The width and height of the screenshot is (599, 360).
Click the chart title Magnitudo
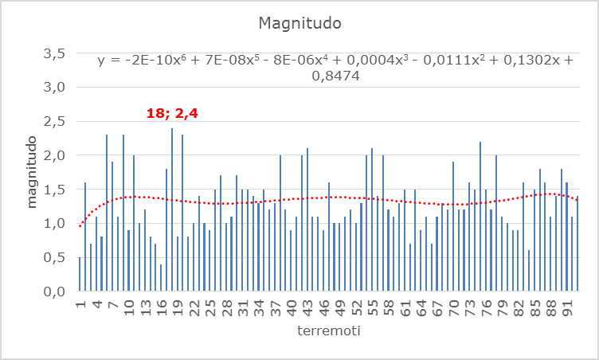tap(299, 23)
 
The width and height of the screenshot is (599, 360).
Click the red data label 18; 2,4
tap(172, 113)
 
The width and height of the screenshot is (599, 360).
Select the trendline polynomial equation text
tap(335, 68)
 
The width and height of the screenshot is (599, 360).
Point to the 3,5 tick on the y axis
tap(53, 54)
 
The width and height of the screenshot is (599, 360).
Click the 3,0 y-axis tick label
tap(53, 88)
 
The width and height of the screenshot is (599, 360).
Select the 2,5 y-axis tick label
tap(53, 122)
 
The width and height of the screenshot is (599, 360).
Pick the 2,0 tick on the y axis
tap(53, 156)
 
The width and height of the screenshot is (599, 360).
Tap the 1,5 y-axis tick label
tap(53, 190)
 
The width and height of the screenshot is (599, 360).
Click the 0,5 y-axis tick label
tap(53, 258)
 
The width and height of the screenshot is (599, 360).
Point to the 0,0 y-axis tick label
tap(53, 292)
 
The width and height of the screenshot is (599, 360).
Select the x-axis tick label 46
tap(324, 307)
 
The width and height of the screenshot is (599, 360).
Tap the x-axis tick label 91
tap(566, 307)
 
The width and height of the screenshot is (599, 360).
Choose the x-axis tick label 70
tap(453, 307)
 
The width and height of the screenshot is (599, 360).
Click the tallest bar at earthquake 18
tap(172, 209)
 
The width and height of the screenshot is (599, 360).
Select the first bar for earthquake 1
tap(80, 274)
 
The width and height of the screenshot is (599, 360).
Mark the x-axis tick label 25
tap(210, 307)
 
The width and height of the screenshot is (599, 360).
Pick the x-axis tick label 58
tap(389, 307)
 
